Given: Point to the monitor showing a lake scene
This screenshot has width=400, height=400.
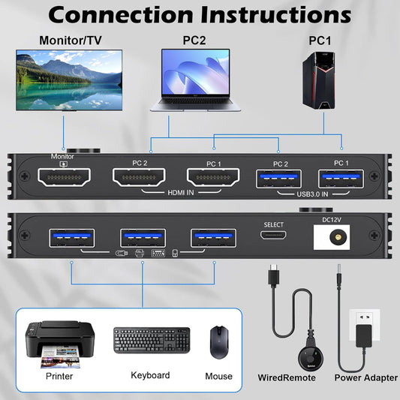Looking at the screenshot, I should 68,79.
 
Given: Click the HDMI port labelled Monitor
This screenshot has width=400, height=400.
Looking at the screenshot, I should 64,178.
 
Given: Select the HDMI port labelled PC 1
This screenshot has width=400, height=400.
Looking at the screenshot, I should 212,178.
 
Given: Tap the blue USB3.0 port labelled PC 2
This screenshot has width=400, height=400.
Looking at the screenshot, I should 280,178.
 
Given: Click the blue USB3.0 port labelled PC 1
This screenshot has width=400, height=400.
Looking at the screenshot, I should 341,178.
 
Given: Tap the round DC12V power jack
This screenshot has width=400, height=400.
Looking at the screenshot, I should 335,237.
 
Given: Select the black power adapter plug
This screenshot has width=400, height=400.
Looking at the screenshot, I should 365,335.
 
